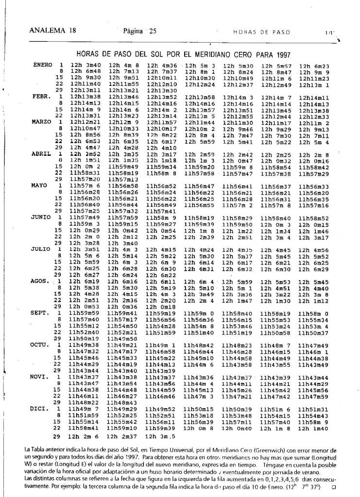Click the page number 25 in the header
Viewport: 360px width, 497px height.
[x=153, y=31]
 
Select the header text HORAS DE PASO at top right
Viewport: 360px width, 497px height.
[x=262, y=32]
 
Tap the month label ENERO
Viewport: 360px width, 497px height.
[x=43, y=65]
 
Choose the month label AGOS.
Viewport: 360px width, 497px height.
[x=41, y=281]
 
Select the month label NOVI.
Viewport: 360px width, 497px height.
[x=41, y=377]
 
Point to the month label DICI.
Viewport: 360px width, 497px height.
[x=41, y=409]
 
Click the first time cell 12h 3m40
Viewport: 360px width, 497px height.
[x=86, y=65]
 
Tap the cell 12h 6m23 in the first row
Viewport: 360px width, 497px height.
[x=314, y=65]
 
